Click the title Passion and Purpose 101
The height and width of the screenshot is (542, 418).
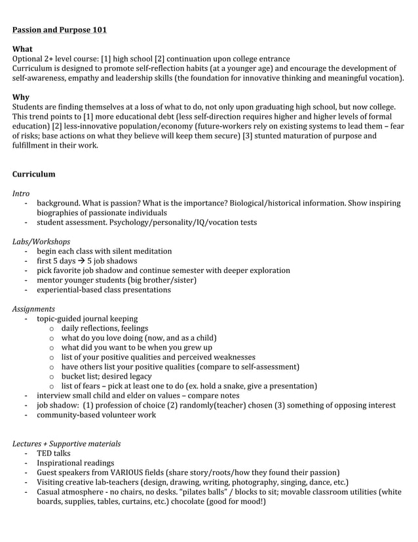[60, 30]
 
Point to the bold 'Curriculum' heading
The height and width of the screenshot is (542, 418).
[34, 174]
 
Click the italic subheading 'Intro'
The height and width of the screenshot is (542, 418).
[21, 194]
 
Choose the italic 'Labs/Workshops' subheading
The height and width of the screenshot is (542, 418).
[41, 241]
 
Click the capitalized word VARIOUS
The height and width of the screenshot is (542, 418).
[128, 472]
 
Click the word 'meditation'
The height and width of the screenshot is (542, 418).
[149, 251]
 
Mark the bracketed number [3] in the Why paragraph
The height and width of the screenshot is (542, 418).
[250, 136]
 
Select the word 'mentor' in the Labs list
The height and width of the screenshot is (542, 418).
[50, 280]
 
